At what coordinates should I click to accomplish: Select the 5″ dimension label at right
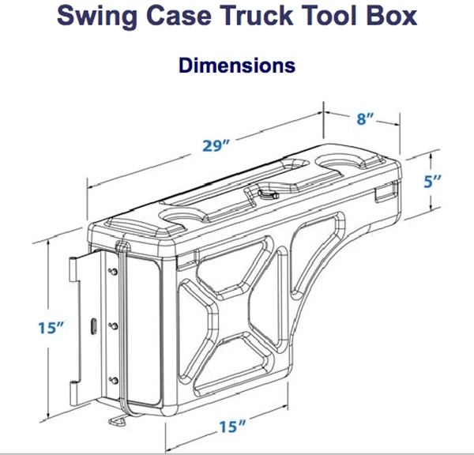(x=432, y=182)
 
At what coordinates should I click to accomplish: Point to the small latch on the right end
(x=386, y=189)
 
